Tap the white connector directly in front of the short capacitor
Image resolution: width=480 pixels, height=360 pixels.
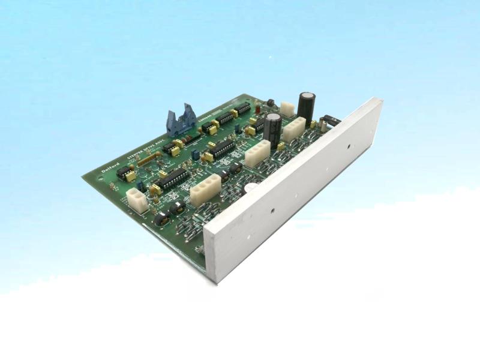pos(257,152)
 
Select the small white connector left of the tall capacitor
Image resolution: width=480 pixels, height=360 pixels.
pos(287,108)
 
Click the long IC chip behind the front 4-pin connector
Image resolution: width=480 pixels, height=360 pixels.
pos(172,178)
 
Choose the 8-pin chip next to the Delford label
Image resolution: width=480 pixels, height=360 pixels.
pos(125,173)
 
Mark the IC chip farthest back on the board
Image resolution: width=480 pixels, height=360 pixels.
pos(242,108)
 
